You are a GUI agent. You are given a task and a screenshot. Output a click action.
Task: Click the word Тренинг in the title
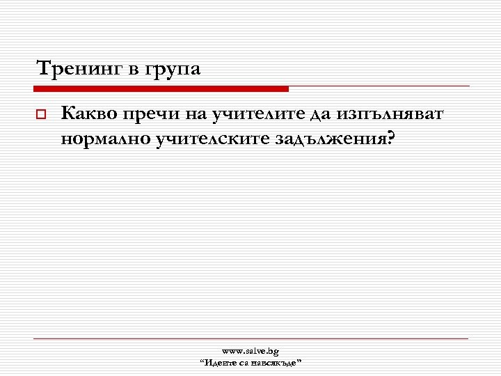[77, 70]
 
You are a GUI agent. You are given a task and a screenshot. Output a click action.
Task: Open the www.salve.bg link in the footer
[250, 351]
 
